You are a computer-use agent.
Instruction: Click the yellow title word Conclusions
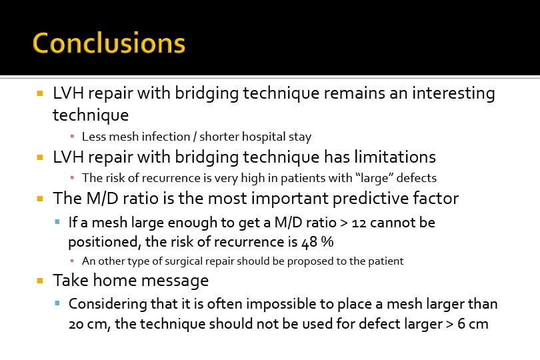tap(109, 43)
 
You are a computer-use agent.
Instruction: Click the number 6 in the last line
tap(461, 324)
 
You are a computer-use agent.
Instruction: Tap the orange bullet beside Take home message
tap(40, 281)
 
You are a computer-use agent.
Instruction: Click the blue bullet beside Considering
tap(57, 303)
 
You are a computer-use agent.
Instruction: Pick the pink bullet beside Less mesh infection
tap(72, 137)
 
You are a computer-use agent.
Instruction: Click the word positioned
tap(105, 242)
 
